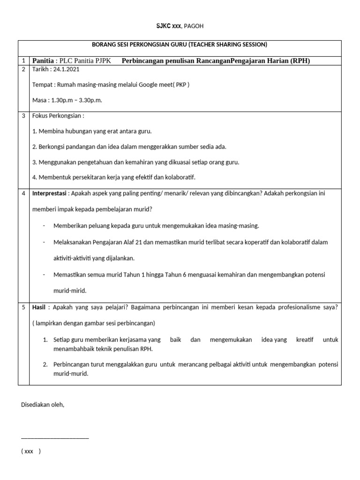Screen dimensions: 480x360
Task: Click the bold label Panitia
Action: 43,61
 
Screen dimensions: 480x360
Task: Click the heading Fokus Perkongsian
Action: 58,116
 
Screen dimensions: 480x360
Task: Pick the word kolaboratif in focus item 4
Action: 179,178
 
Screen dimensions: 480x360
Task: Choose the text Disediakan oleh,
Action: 43,405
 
